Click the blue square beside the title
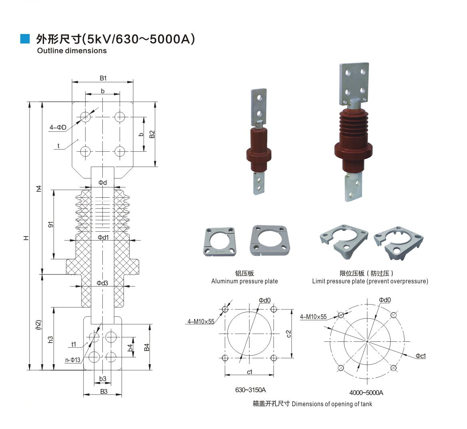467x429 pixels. [25, 39]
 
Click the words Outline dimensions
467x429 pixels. [72, 51]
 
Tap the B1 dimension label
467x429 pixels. [103, 78]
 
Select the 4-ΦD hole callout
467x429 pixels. [58, 128]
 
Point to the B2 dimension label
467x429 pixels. [152, 134]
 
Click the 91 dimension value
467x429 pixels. [51, 225]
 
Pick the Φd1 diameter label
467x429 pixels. [103, 238]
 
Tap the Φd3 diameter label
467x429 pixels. [102, 283]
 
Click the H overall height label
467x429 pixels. [26, 238]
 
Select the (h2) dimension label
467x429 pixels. [38, 325]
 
